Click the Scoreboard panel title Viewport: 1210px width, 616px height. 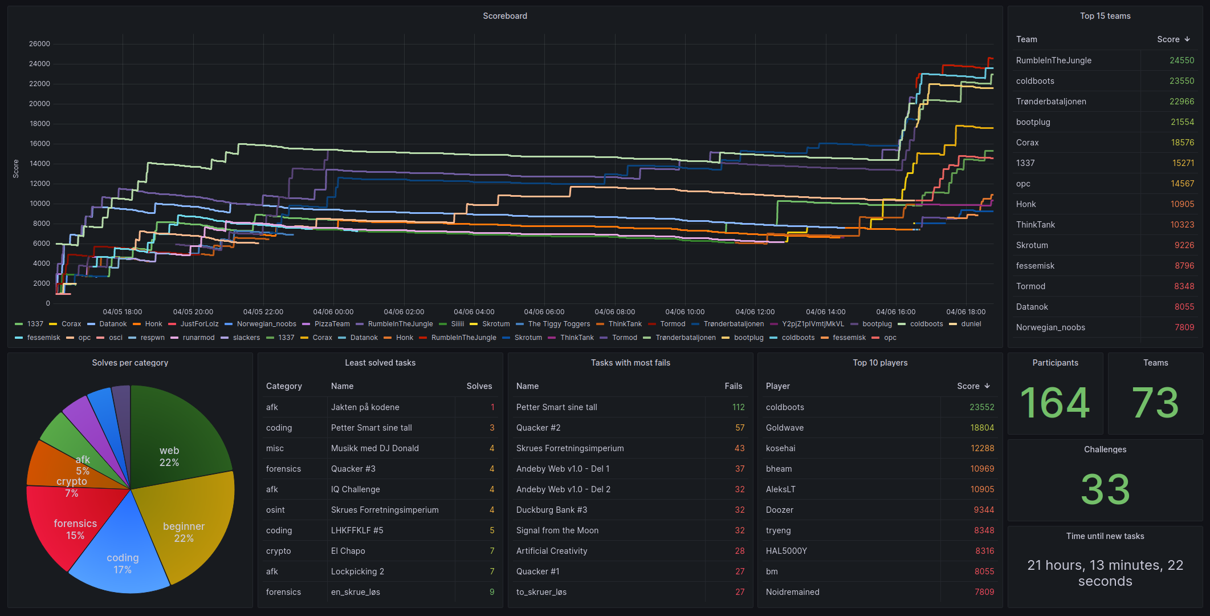coord(504,16)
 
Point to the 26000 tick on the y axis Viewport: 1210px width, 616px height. coord(39,44)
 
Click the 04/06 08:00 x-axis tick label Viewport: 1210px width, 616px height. coord(614,312)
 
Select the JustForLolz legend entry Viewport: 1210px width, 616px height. coord(199,324)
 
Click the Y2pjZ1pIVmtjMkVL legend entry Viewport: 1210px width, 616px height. coord(813,324)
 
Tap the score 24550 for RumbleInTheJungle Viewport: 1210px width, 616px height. coord(1182,60)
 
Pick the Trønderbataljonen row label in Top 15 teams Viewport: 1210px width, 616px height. coord(1050,102)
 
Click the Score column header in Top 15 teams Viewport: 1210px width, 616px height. coord(1168,39)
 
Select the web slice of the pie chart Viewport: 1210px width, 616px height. coord(177,439)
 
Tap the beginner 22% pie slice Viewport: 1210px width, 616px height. coord(188,530)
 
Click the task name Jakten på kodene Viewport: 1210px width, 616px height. coord(365,407)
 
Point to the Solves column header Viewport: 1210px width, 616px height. coord(479,386)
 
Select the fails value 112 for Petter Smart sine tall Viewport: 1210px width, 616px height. coord(738,407)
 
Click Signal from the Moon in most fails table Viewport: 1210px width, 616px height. coord(557,530)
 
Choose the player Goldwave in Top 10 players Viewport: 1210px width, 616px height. coord(784,428)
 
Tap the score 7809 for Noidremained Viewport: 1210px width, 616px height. coord(984,592)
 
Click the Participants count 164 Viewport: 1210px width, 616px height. coord(1055,403)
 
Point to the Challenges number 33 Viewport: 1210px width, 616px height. coord(1105,489)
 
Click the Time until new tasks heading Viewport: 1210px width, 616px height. coord(1105,536)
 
